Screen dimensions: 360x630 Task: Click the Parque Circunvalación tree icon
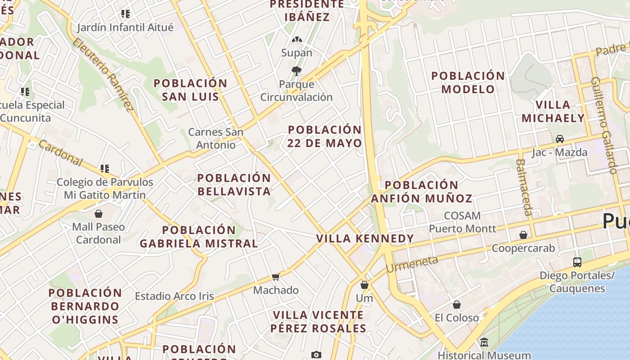tap(296, 71)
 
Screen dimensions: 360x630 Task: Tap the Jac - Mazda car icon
tap(559, 139)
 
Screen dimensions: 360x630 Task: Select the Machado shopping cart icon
tap(275, 277)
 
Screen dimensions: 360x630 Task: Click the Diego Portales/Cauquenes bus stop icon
tap(577, 262)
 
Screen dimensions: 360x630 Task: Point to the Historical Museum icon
tap(484, 342)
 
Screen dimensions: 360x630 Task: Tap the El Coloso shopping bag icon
tap(457, 305)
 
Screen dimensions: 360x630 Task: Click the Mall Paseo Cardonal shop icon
tap(99, 213)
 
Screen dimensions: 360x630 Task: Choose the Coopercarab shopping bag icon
tap(523, 235)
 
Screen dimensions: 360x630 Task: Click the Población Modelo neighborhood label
tap(468, 82)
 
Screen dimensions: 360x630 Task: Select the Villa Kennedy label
tap(365, 238)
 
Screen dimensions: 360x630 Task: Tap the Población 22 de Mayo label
tap(325, 136)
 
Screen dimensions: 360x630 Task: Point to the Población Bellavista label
tap(234, 184)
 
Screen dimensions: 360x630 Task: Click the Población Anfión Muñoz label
tap(422, 192)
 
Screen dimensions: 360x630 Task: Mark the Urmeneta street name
tap(412, 264)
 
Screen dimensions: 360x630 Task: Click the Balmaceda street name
tap(524, 187)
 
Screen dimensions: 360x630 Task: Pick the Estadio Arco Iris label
tap(175, 296)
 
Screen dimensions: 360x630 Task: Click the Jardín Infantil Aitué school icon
tap(126, 14)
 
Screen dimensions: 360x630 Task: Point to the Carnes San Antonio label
tap(216, 138)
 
